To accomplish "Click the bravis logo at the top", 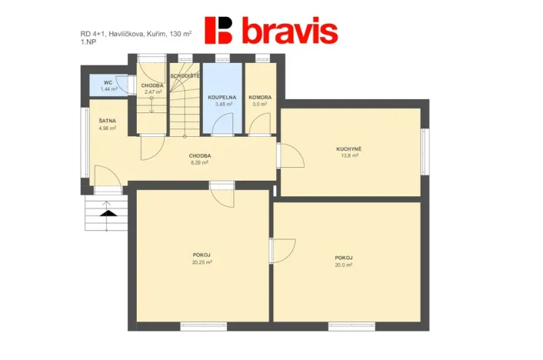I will coord(271,31).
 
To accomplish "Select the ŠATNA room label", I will coord(107,121).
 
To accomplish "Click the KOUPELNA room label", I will coord(222,98).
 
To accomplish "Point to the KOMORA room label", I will coord(258,98).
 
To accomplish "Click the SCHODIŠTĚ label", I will coord(185,75).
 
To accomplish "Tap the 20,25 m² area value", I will coord(202,262).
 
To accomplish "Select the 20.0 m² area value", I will coord(343,265).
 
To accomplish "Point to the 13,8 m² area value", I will coord(349,155).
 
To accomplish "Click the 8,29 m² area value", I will coord(200,162).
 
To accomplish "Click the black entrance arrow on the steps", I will coord(108,212).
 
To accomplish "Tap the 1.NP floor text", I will coord(88,42).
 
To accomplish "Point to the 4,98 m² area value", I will coord(107,128).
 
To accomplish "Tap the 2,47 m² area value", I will coord(152,92).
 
